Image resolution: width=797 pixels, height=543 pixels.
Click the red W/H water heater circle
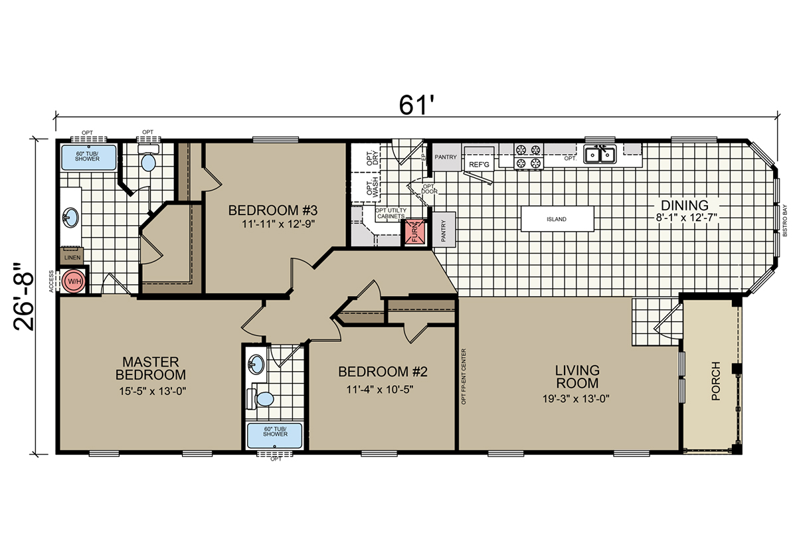click(x=74, y=281)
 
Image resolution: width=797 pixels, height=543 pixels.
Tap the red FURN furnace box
click(x=415, y=232)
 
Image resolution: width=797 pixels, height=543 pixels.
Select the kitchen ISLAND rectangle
click(x=557, y=219)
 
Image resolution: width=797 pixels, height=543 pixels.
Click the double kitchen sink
click(x=600, y=155)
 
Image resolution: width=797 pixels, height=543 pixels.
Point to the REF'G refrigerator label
click(x=479, y=165)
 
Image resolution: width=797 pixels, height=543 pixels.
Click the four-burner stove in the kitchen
click(x=529, y=157)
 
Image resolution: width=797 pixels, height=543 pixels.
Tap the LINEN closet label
click(x=72, y=258)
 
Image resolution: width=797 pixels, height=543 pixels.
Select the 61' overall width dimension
click(x=416, y=105)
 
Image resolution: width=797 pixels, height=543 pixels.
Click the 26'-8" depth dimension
click(x=24, y=297)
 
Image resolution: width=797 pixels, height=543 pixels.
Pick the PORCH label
click(x=715, y=381)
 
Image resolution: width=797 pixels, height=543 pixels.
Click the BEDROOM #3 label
click(x=272, y=210)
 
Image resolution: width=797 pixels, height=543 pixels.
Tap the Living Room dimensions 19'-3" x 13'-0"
click(x=576, y=399)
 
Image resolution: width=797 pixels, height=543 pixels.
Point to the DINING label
click(x=685, y=205)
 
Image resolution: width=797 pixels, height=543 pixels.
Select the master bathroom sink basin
click(x=70, y=218)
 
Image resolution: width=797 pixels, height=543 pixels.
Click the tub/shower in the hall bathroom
click(x=275, y=435)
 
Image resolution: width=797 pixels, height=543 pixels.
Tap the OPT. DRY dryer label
click(x=373, y=158)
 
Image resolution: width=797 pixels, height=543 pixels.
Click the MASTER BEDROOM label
click(x=151, y=368)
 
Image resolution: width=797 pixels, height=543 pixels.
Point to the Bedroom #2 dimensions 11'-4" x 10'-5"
click(x=380, y=390)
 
